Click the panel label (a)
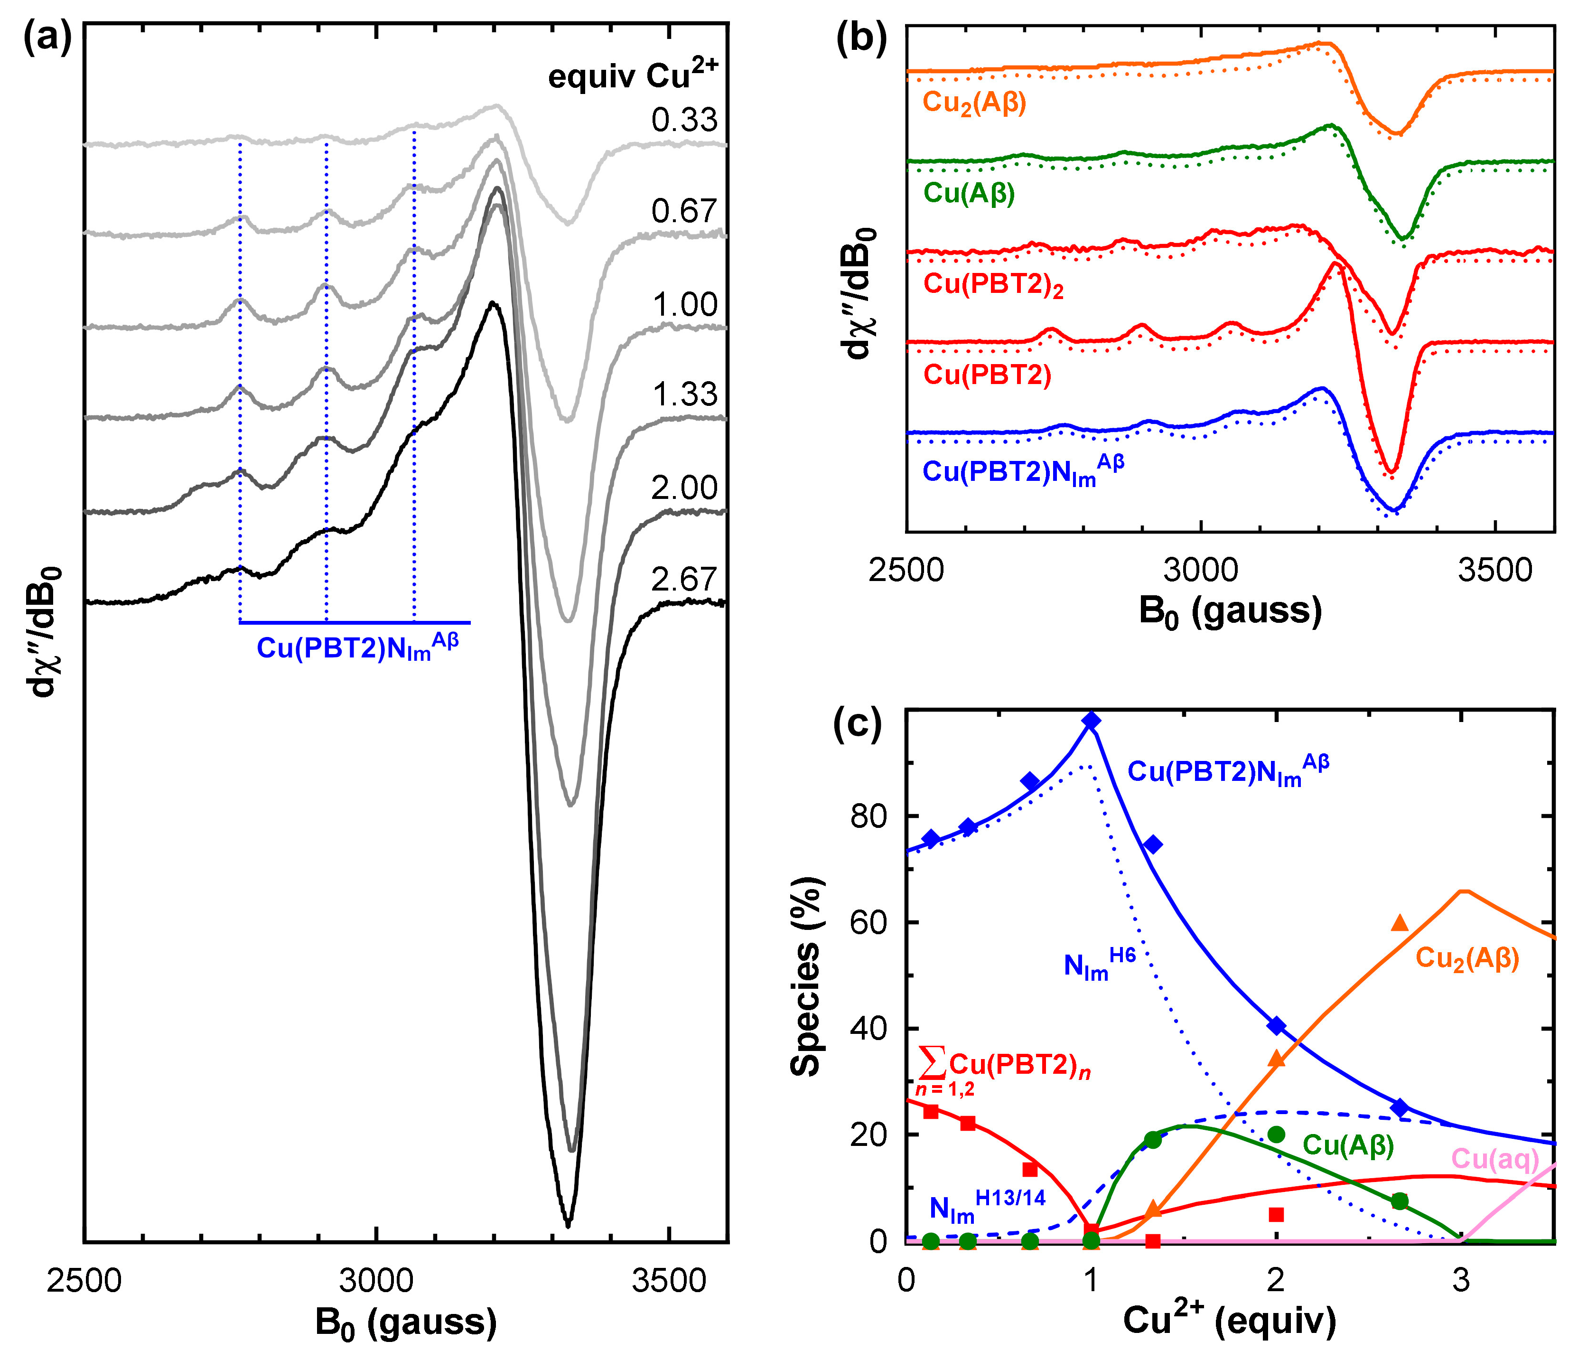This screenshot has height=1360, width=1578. pos(47,39)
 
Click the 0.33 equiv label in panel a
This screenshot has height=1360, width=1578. pos(684,121)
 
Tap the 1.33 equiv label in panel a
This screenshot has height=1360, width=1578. pos(684,394)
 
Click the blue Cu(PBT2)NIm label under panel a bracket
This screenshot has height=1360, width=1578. pos(357,647)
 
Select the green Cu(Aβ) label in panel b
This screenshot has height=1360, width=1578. pos(969,194)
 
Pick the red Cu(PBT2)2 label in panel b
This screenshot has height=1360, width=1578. pos(993,284)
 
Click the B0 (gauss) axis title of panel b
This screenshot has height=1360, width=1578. pos(1230,612)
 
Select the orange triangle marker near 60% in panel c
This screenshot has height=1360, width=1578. pos(1400,923)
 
